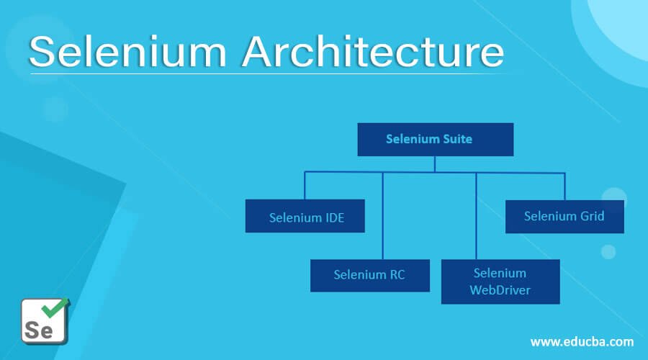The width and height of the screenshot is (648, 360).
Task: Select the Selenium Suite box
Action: [435, 139]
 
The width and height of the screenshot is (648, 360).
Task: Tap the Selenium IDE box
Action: [305, 216]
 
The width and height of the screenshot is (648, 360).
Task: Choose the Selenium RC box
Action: [369, 275]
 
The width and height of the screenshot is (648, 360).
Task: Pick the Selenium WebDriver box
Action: [500, 282]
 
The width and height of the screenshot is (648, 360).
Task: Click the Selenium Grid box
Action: [564, 216]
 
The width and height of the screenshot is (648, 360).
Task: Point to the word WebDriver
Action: [500, 290]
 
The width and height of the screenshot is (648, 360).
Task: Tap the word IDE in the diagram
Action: [331, 217]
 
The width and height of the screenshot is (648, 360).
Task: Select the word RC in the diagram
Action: [395, 275]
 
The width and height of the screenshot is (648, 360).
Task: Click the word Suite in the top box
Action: [456, 139]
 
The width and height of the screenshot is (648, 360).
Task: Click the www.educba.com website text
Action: [582, 341]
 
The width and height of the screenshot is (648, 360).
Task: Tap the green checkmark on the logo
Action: [53, 307]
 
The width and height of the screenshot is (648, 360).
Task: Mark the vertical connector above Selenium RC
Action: [382, 216]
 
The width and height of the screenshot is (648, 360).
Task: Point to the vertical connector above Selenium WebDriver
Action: [476, 216]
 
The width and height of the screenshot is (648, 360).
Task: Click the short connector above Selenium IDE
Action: [305, 186]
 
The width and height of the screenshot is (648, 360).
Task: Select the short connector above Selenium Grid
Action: [564, 186]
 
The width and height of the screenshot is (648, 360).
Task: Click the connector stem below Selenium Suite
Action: [435, 164]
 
